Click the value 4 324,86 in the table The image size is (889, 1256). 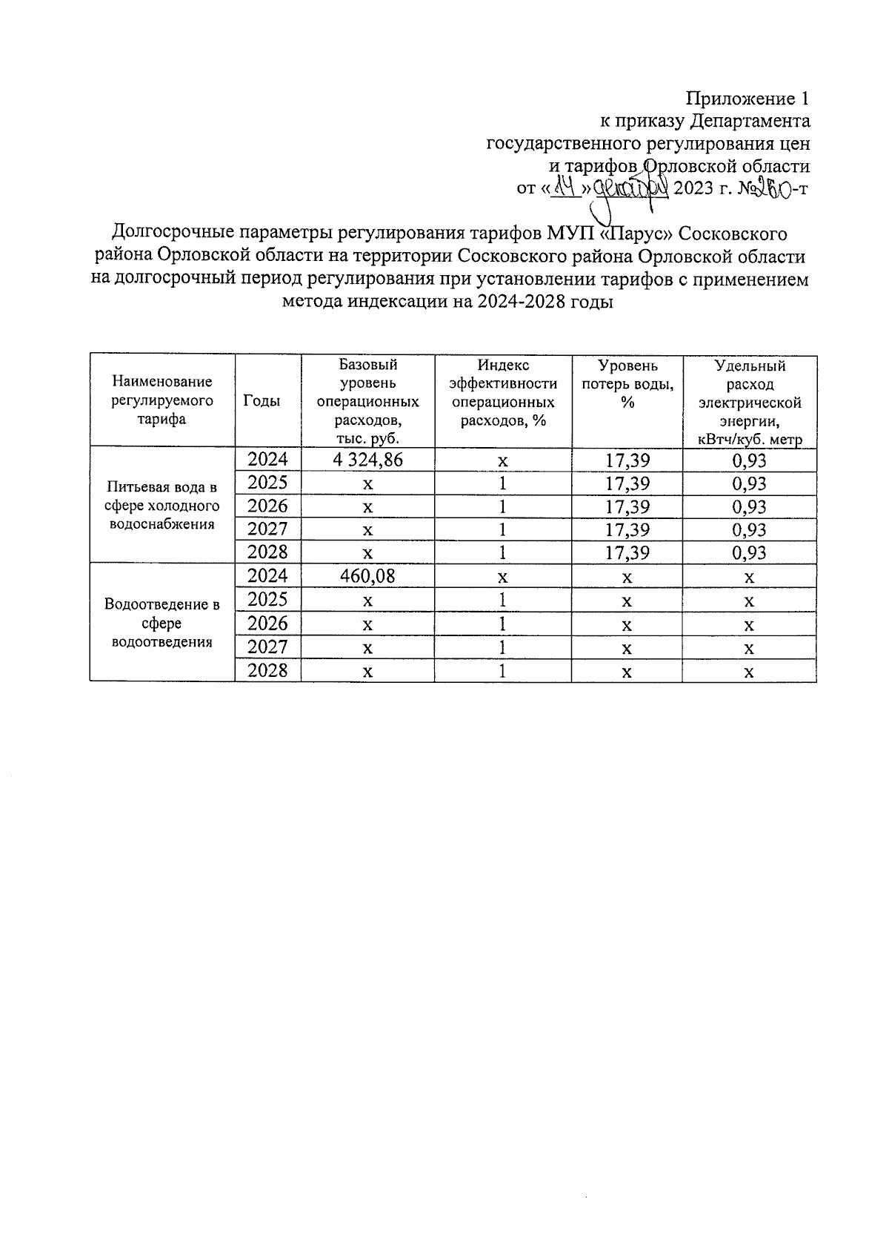(x=367, y=460)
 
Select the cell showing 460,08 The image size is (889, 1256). (x=367, y=576)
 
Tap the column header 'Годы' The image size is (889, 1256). (x=262, y=400)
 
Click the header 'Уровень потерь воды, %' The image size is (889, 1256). (x=627, y=384)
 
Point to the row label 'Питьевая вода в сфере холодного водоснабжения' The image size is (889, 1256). (x=162, y=506)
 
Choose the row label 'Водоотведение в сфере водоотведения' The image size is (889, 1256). (x=162, y=623)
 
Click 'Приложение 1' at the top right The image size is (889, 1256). (x=748, y=99)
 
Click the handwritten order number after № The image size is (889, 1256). (x=773, y=188)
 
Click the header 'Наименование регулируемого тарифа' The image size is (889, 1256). (x=162, y=400)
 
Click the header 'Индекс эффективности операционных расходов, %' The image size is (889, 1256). (x=503, y=392)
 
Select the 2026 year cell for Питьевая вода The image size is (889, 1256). (x=267, y=506)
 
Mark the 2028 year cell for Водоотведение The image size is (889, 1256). (x=267, y=671)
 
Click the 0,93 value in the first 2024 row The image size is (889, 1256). (x=749, y=460)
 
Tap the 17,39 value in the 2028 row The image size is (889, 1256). (x=627, y=552)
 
